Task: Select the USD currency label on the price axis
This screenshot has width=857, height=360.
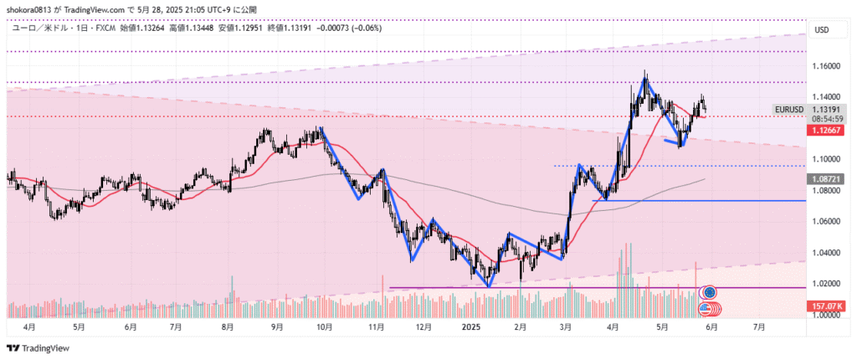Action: [821, 30]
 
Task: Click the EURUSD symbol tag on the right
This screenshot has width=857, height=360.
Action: [788, 110]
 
